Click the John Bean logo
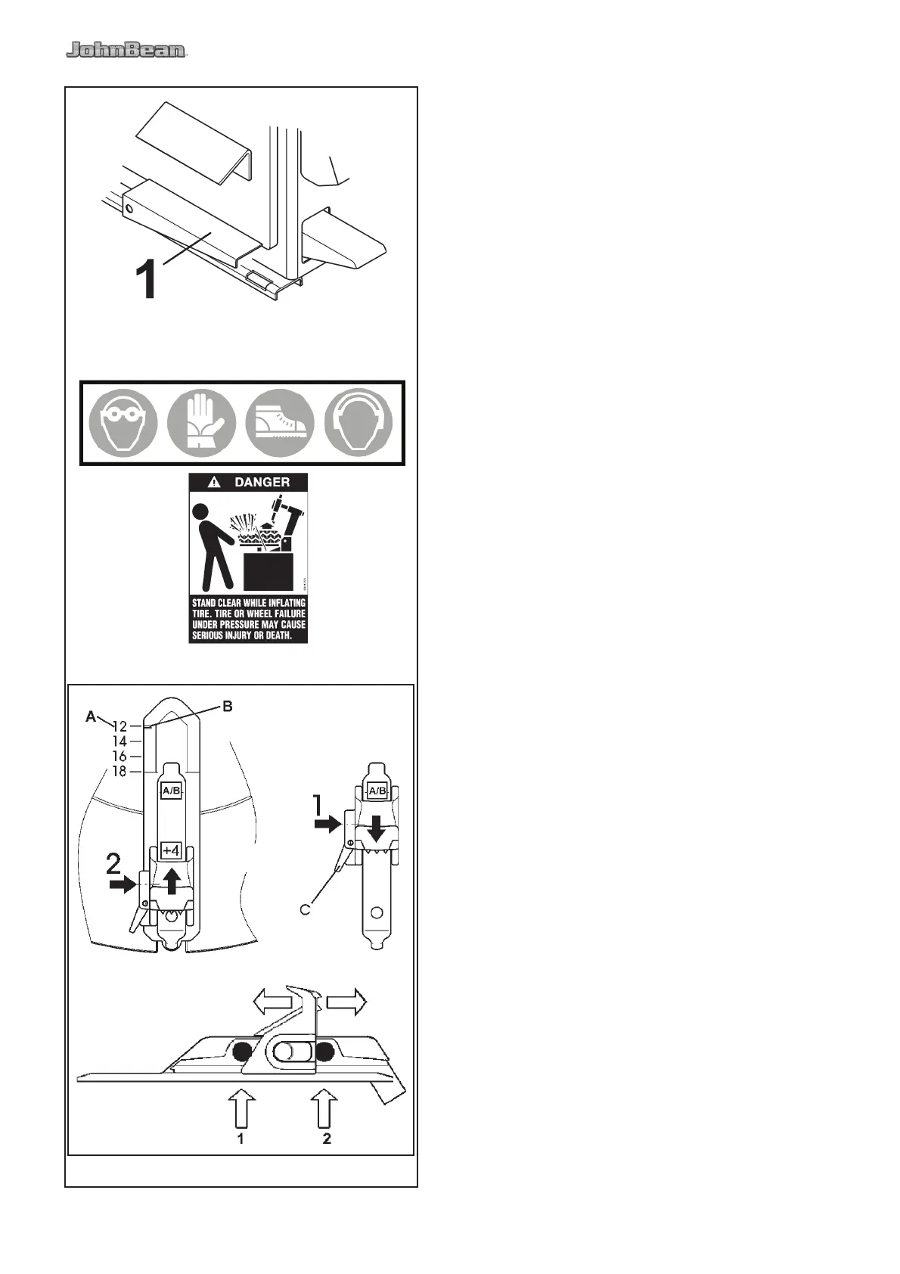click(126, 51)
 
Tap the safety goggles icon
click(123, 423)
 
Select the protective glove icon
click(201, 423)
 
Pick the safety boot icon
click(280, 423)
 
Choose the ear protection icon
click(358, 423)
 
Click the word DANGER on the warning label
click(262, 482)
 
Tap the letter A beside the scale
click(92, 716)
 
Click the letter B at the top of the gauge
click(227, 707)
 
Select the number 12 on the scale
click(119, 726)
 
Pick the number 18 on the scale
click(119, 772)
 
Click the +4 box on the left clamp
click(171, 851)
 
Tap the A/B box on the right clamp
click(377, 791)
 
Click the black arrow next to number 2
click(121, 884)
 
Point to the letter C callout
click(306, 909)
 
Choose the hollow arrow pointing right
click(347, 1002)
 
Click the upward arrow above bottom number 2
click(325, 1108)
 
